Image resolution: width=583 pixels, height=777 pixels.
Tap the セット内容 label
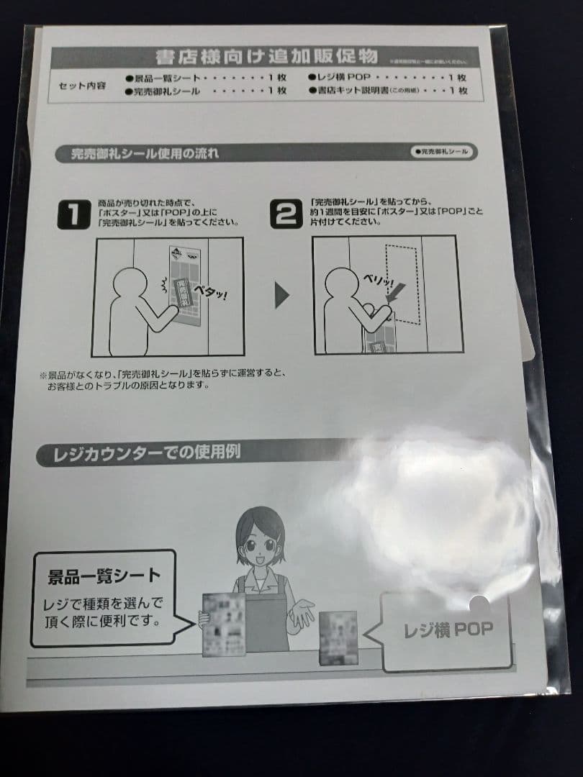pyautogui.click(x=81, y=85)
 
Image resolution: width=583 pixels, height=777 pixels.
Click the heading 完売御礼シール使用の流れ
pyautogui.click(x=145, y=153)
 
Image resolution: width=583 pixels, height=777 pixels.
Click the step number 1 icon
pyautogui.click(x=74, y=213)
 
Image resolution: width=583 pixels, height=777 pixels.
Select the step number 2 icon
pyautogui.click(x=286, y=213)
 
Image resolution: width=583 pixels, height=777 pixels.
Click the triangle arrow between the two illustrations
pyautogui.click(x=282, y=296)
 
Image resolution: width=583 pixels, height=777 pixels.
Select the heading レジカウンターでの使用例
pyautogui.click(x=148, y=453)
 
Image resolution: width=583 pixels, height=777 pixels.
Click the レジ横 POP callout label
pyautogui.click(x=448, y=630)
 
